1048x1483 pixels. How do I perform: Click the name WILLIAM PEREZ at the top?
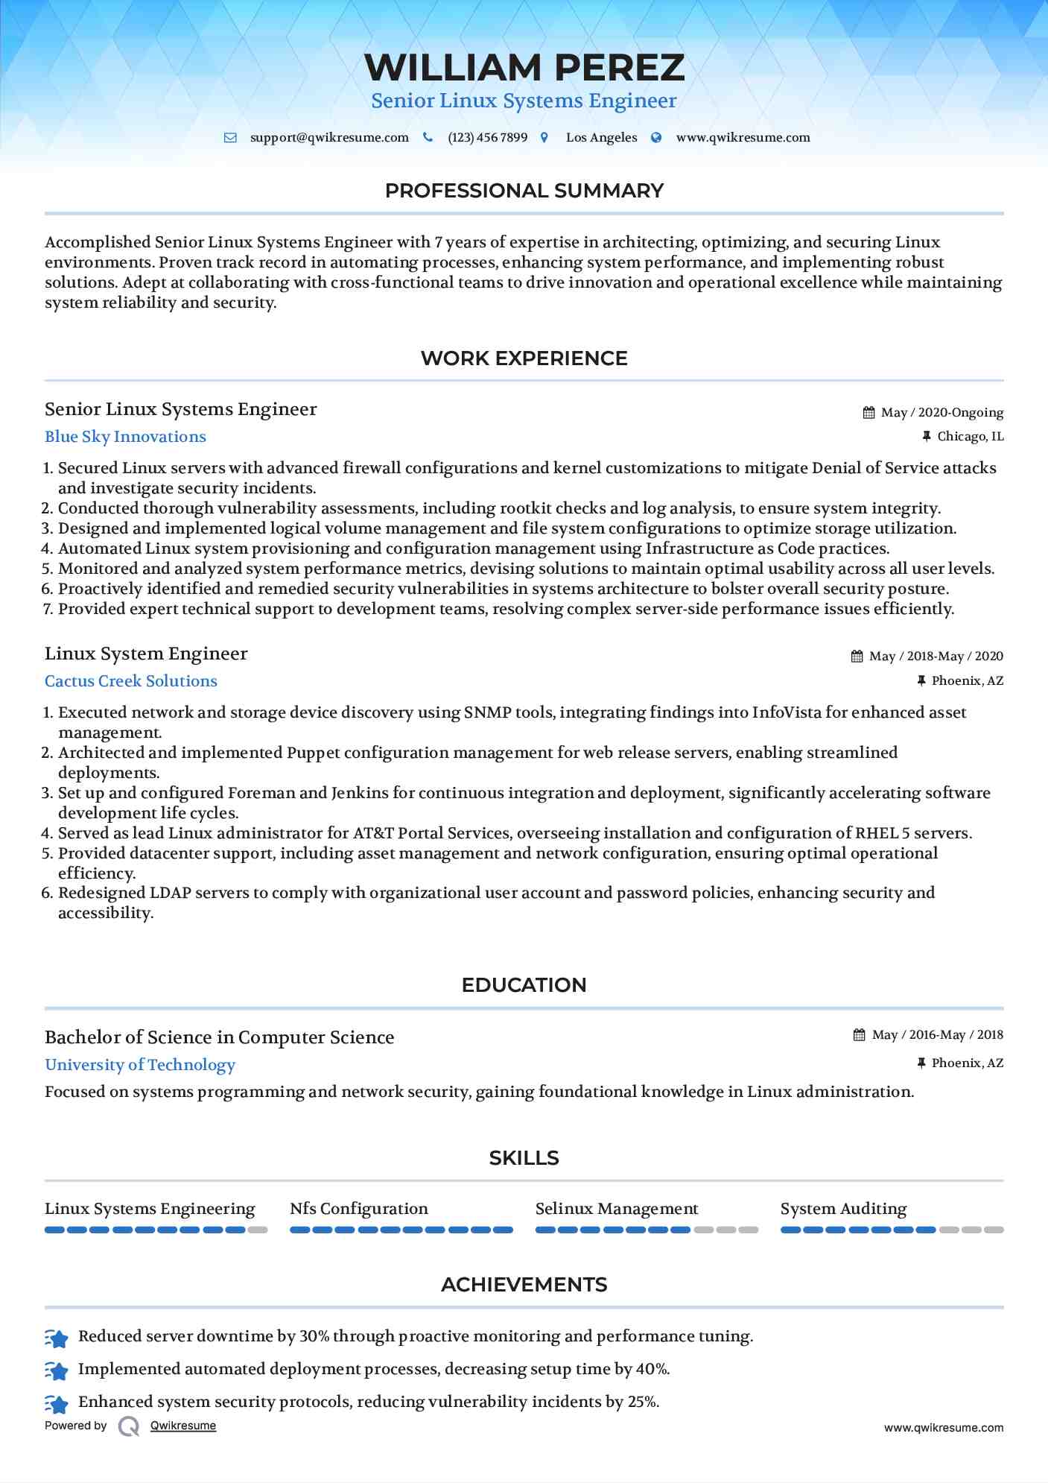[524, 68]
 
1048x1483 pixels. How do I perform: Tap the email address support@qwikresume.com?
[329, 138]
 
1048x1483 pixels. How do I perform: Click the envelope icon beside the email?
[230, 138]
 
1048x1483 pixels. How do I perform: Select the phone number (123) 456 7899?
[487, 138]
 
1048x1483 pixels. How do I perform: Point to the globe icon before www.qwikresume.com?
[656, 138]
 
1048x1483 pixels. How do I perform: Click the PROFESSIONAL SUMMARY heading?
[524, 191]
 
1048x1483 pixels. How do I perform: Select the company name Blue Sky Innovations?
[125, 437]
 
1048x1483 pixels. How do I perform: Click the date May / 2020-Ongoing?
[941, 413]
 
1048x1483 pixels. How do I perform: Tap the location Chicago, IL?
[970, 437]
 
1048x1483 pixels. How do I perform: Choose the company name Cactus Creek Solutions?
[131, 681]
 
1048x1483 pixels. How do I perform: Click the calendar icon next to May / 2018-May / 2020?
[857, 657]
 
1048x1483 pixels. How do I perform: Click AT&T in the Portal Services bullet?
[373, 833]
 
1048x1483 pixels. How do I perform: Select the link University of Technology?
[140, 1065]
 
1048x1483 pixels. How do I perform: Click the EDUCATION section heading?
[524, 985]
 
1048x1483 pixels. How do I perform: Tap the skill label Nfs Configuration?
[359, 1209]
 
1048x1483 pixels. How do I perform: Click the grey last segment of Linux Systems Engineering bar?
[258, 1230]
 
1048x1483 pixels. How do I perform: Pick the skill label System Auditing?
[843, 1209]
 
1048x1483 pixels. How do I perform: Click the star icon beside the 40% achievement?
[57, 1370]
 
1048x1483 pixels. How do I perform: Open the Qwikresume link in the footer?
[183, 1426]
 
